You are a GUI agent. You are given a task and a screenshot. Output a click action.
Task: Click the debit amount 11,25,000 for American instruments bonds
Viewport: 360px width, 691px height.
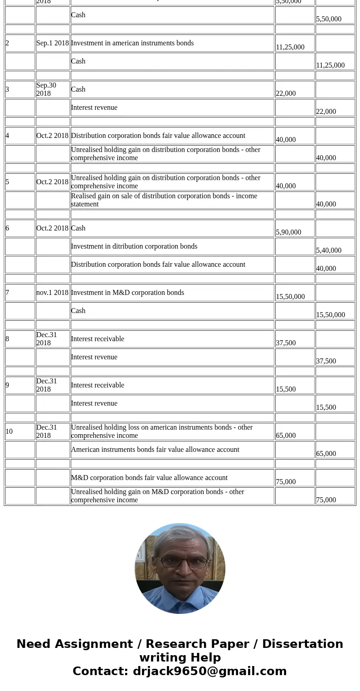pos(290,47)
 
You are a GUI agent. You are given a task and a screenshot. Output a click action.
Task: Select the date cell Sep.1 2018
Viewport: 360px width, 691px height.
pos(53,43)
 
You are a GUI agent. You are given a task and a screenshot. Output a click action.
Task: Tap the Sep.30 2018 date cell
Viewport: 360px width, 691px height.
pos(47,89)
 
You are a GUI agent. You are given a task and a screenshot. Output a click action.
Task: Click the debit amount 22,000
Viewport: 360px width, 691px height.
pos(286,93)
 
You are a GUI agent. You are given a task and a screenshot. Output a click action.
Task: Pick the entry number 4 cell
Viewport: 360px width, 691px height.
pos(8,136)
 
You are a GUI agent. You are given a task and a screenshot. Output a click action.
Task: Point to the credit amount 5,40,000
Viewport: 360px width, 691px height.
pos(329,250)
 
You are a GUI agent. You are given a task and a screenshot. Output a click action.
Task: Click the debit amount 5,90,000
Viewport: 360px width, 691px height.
pos(288,232)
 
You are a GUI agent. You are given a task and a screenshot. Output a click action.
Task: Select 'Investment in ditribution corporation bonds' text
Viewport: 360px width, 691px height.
pos(134,246)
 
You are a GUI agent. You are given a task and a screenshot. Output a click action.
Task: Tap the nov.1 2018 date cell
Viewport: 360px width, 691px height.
pos(53,293)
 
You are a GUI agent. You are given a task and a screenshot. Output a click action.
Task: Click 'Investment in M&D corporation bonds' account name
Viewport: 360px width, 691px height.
pos(127,293)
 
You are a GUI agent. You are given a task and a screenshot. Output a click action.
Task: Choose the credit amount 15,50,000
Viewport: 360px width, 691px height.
pos(331,314)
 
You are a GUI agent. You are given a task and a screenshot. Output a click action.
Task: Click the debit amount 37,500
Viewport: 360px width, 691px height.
pos(286,343)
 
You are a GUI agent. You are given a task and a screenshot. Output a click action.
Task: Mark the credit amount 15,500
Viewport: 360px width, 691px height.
pos(326,407)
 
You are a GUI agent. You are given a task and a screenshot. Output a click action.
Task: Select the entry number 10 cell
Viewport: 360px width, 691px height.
pos(10,431)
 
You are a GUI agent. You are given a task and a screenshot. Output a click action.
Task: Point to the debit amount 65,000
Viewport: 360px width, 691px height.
pos(286,435)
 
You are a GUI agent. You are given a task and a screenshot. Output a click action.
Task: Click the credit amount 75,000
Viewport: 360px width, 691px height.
pos(326,500)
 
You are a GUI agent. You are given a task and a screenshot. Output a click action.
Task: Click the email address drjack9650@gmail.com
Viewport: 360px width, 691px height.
pos(209,671)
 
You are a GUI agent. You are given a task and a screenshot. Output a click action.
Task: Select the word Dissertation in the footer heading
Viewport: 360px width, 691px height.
pos(302,644)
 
